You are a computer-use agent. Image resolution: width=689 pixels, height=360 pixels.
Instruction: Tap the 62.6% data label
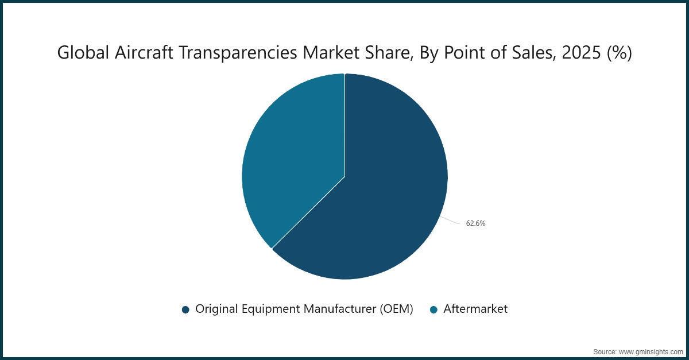475,223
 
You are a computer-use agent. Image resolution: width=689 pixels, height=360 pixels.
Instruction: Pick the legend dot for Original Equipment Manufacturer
185,309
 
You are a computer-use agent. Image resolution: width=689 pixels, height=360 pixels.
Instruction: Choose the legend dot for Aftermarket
433,309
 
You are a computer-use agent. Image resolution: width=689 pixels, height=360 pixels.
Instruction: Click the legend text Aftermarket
475,309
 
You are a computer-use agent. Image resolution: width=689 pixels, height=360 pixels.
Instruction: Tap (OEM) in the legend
396,309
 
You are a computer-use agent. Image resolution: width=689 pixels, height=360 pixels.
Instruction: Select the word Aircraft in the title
137,53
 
